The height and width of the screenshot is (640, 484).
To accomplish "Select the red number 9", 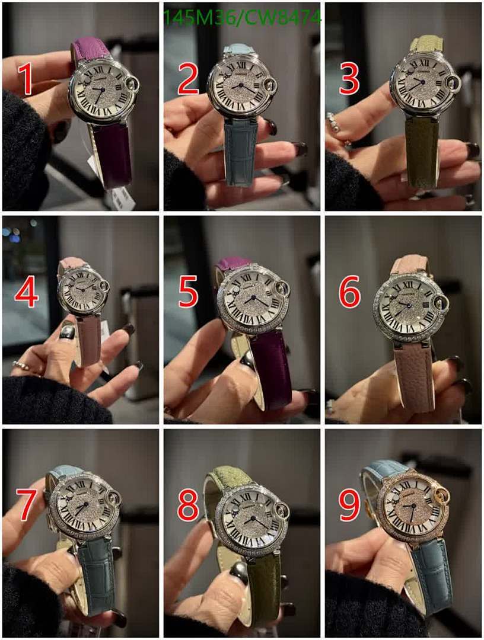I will point(349,504).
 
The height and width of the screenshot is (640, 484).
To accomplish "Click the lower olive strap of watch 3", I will point(422,151).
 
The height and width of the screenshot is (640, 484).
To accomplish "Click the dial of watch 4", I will point(82,289).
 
